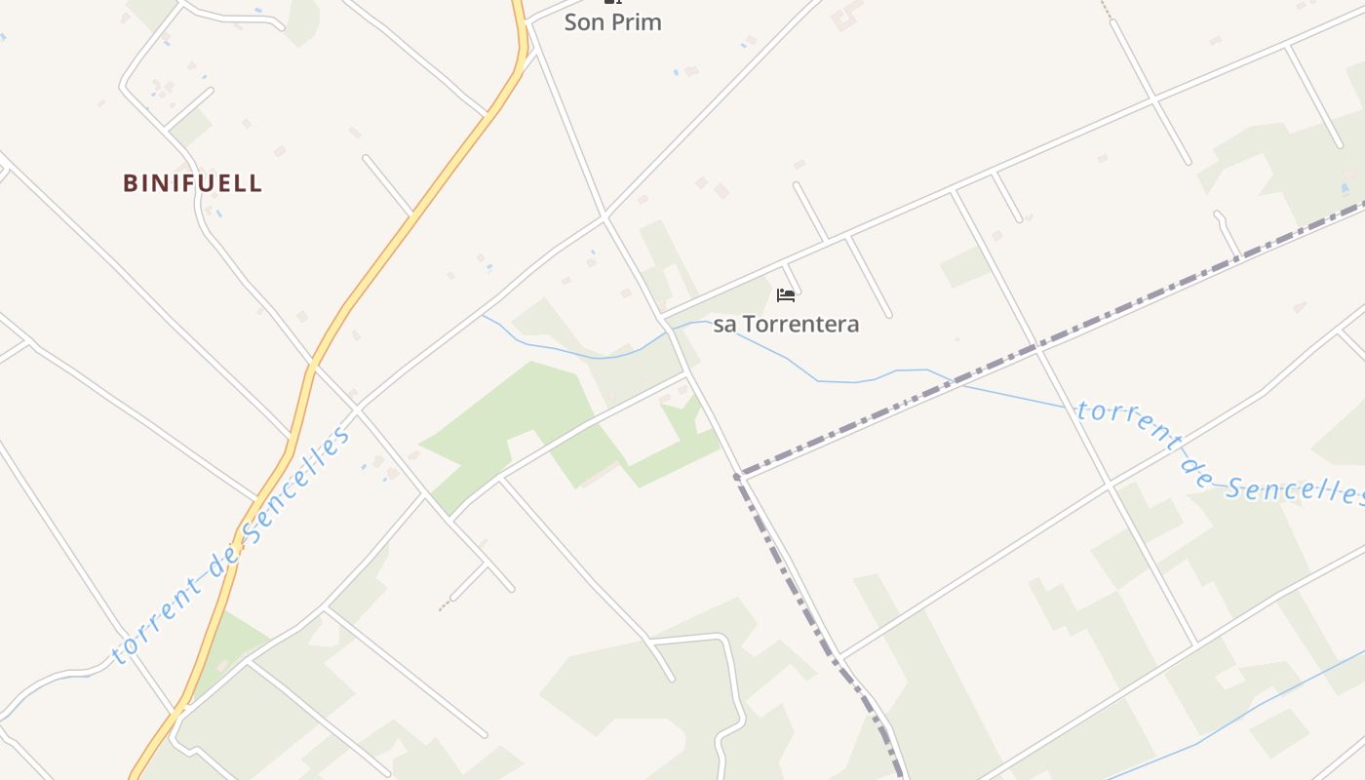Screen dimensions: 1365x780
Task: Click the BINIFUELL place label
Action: tap(193, 183)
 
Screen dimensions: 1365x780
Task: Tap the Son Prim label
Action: tap(612, 22)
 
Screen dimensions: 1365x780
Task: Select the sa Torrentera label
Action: tap(786, 324)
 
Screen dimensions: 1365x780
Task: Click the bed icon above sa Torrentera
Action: tap(785, 294)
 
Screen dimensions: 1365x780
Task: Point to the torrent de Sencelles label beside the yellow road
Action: tap(231, 546)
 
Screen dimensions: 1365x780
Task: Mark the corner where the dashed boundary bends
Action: tap(738, 476)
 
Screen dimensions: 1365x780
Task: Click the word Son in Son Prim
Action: tap(584, 22)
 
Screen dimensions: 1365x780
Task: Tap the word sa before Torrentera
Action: tap(724, 324)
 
